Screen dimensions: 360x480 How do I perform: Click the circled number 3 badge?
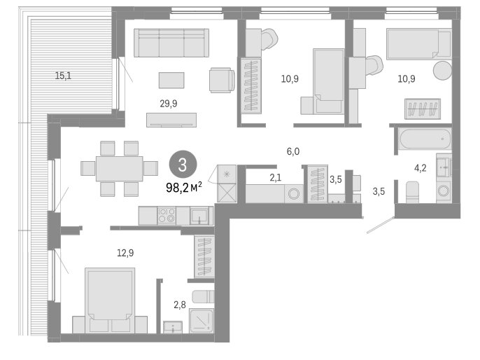182,166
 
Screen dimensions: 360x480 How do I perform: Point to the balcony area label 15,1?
63,76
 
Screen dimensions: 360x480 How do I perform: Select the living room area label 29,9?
169,102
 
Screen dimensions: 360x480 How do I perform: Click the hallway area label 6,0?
292,151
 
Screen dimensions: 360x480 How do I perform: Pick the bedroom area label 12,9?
125,253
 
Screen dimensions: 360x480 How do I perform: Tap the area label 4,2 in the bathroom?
421,168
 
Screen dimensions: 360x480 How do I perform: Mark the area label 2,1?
276,178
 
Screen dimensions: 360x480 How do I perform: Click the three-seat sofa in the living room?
171,43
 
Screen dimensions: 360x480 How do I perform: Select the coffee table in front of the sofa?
171,80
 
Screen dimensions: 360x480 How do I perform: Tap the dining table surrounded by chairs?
119,168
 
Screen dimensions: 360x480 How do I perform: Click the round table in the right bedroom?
442,71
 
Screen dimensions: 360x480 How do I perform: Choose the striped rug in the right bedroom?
422,109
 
